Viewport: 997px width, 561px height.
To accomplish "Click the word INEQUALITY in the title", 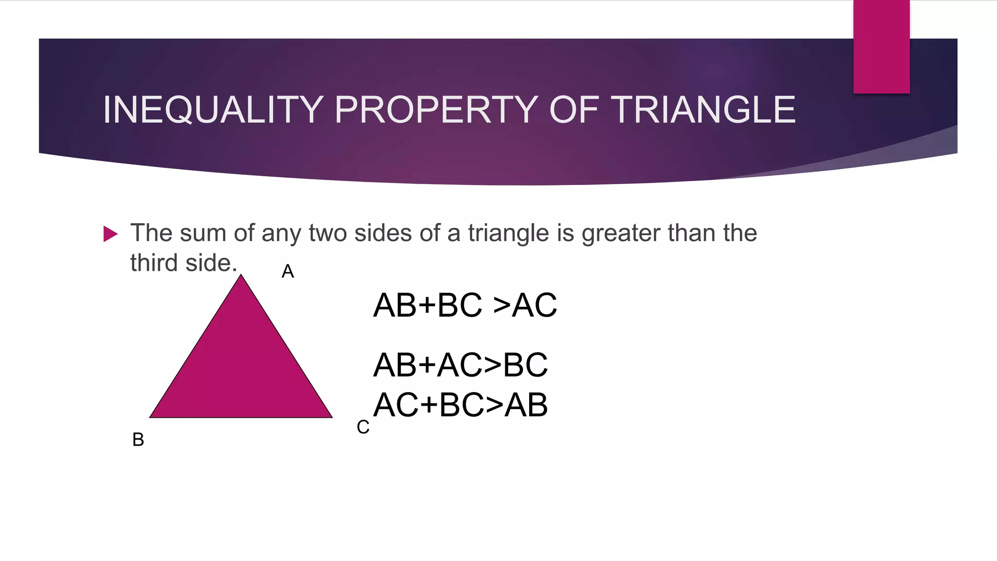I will (x=213, y=110).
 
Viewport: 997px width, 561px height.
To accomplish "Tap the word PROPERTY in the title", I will (x=436, y=110).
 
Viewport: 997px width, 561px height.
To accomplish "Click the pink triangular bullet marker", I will (x=111, y=234).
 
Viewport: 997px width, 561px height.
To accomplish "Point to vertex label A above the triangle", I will (x=288, y=272).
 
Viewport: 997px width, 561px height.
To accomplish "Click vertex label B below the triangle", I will (x=138, y=440).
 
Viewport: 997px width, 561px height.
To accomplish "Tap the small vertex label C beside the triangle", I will (x=363, y=428).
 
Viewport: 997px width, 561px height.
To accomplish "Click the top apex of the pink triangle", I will (x=241, y=276).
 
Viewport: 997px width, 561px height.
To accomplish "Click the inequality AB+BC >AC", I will (x=465, y=306).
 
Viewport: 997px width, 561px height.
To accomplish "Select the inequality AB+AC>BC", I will (x=461, y=365).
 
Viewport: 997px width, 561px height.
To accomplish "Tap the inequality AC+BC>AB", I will (x=461, y=405).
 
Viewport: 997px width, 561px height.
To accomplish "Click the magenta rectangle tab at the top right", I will (x=881, y=47).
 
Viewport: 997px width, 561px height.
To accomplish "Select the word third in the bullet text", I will (x=153, y=263).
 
